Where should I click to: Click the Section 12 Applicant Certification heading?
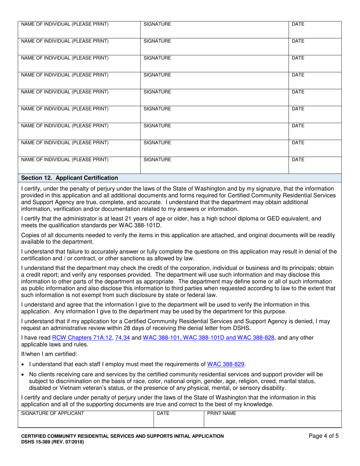pos(70,178)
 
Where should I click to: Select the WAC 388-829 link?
pos(226,364)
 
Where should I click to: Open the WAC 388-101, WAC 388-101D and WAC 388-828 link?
pos(208,338)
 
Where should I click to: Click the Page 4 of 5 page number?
pos(324,436)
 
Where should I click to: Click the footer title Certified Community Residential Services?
pos(122,436)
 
